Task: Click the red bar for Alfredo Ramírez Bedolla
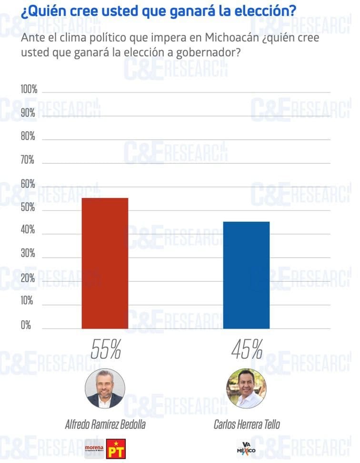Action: point(105,263)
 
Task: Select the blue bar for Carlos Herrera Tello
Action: point(246,275)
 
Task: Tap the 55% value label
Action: point(105,350)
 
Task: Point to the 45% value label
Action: point(247,350)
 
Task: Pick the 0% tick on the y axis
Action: point(26,325)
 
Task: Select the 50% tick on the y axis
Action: point(28,208)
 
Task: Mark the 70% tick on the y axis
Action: point(28,161)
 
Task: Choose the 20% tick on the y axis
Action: point(28,278)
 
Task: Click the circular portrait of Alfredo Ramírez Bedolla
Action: point(105,388)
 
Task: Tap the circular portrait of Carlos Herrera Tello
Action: point(246,388)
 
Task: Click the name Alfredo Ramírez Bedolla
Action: point(105,424)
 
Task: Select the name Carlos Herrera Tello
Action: point(247,424)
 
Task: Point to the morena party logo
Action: point(94,449)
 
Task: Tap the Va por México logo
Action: point(246,448)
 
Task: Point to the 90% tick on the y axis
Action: point(28,113)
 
